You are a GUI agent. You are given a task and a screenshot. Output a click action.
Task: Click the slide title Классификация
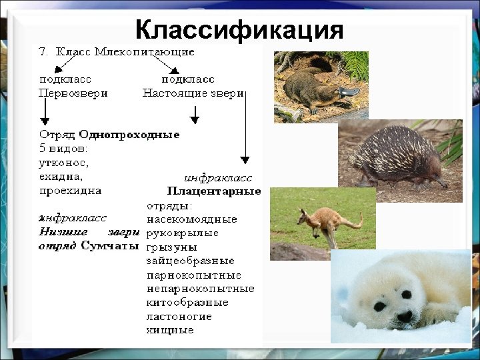239,30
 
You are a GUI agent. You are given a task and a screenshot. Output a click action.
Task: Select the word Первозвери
73,93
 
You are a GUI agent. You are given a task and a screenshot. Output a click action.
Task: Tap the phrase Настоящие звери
193,93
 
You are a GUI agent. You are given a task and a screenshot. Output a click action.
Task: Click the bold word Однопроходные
129,135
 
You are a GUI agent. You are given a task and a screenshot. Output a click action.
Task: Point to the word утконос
64,163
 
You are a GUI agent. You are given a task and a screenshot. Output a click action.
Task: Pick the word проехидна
70,190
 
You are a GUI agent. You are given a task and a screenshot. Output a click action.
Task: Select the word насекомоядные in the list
191,219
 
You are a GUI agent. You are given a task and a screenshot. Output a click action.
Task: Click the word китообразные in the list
187,302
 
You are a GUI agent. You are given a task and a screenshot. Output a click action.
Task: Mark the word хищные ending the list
170,330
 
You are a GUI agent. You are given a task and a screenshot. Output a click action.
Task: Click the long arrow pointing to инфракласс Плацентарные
245,127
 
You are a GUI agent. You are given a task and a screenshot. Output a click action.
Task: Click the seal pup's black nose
404,317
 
